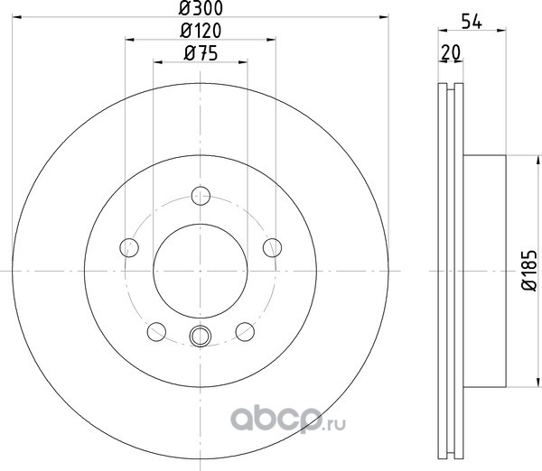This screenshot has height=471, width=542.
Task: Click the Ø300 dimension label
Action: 201,8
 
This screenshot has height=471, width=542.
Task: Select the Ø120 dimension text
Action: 201,31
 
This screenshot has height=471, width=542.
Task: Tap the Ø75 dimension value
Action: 201,53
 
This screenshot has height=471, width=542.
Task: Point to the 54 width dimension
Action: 472,22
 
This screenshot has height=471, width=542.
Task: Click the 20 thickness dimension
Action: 451,53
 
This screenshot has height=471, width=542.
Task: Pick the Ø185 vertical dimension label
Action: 529,271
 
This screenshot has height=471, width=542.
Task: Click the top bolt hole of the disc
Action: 201,196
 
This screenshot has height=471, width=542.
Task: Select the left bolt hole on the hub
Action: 129,247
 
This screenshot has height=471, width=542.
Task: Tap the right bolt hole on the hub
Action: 273,247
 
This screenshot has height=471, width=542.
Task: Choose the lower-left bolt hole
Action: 156,331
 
